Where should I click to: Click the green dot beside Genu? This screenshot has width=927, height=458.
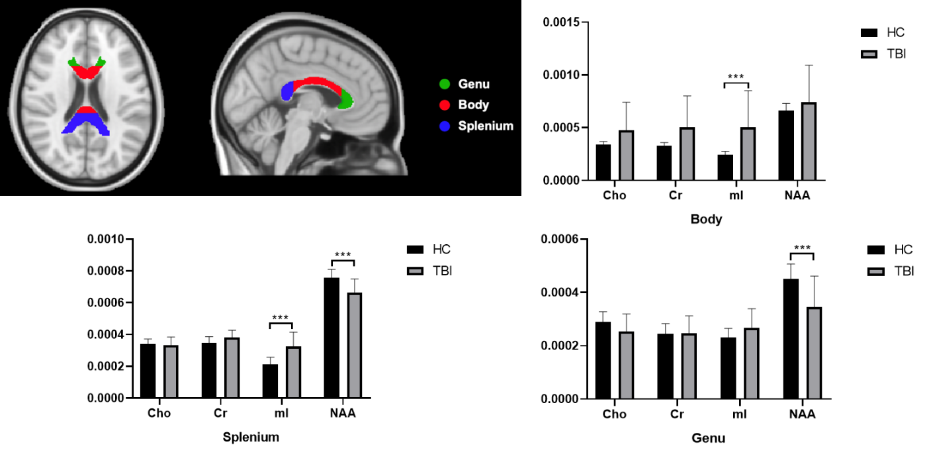pos(445,84)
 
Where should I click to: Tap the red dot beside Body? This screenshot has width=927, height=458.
pos(445,105)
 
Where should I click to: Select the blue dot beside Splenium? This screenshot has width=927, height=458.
pos(445,126)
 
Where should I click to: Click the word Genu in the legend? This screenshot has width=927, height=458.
pos(474,84)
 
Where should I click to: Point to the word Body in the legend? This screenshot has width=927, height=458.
pos(473,105)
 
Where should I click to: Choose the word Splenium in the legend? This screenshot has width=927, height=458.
pos(486,126)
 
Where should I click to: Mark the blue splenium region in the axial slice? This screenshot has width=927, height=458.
pos(86,124)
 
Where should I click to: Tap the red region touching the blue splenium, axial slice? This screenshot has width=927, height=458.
pos(86,111)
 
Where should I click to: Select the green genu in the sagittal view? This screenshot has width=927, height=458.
pos(345,100)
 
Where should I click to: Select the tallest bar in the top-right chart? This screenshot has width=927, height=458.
pos(809,142)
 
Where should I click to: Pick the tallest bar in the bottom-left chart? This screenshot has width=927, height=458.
pos(355,345)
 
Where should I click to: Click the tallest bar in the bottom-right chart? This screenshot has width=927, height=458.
pos(814,353)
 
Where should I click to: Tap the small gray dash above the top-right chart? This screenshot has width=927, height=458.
pos(869,54)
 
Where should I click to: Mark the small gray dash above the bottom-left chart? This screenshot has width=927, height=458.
pos(415,271)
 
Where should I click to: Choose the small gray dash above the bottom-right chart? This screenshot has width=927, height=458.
pos(875,271)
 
